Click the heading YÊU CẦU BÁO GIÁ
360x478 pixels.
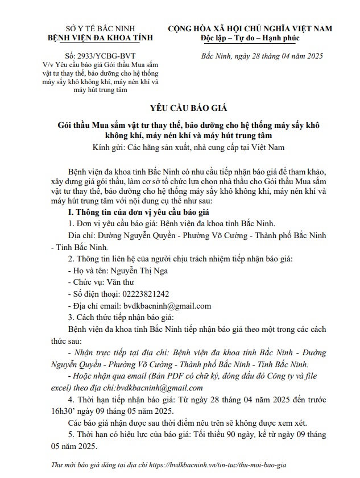[x=180, y=108]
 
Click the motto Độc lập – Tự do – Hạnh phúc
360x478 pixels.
[x=250, y=38]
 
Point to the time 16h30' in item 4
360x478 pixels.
[x=80, y=411]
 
